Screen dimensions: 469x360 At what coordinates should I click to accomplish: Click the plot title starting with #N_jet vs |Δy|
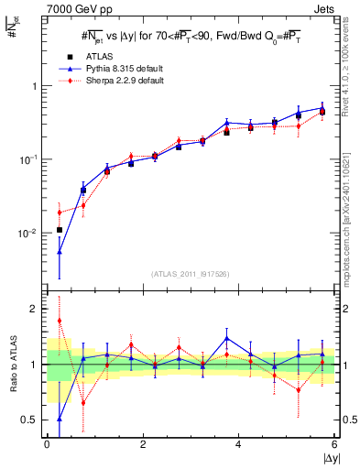(x=191, y=37)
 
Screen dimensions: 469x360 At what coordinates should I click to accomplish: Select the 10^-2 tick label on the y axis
(x=29, y=234)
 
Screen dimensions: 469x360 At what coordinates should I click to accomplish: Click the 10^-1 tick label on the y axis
(x=29, y=159)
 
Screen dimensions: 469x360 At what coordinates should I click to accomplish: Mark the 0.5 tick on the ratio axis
(x=32, y=420)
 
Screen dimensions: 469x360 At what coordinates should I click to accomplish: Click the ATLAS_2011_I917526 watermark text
(x=191, y=274)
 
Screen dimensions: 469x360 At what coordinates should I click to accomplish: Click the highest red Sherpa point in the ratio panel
(x=60, y=321)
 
